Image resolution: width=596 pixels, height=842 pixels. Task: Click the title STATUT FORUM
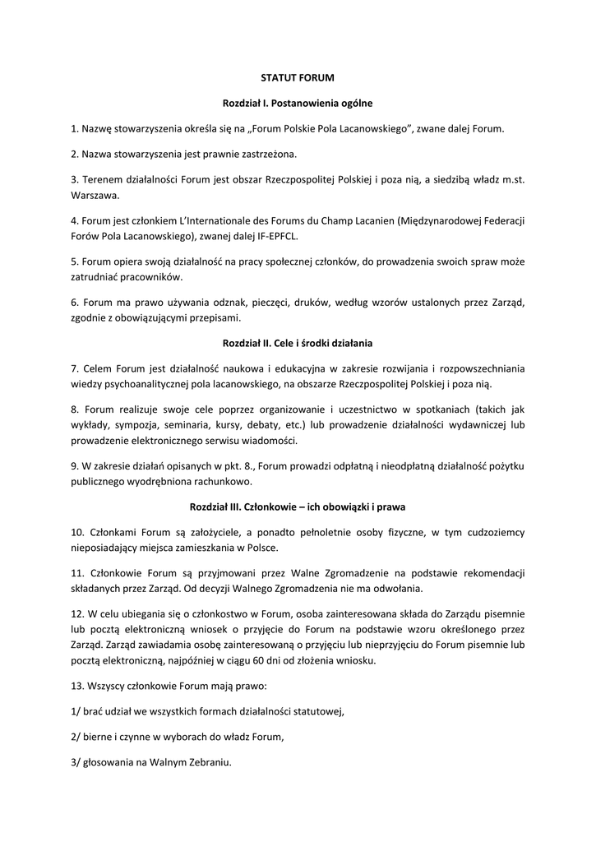(298, 78)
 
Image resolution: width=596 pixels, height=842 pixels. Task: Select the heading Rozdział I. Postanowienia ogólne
(298, 104)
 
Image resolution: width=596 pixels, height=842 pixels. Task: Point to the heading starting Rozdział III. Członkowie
(298, 507)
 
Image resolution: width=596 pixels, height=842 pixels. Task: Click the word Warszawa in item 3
(95, 196)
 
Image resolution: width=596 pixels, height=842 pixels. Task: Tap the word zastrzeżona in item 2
(269, 154)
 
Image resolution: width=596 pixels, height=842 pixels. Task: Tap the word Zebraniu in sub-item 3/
(206, 761)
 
